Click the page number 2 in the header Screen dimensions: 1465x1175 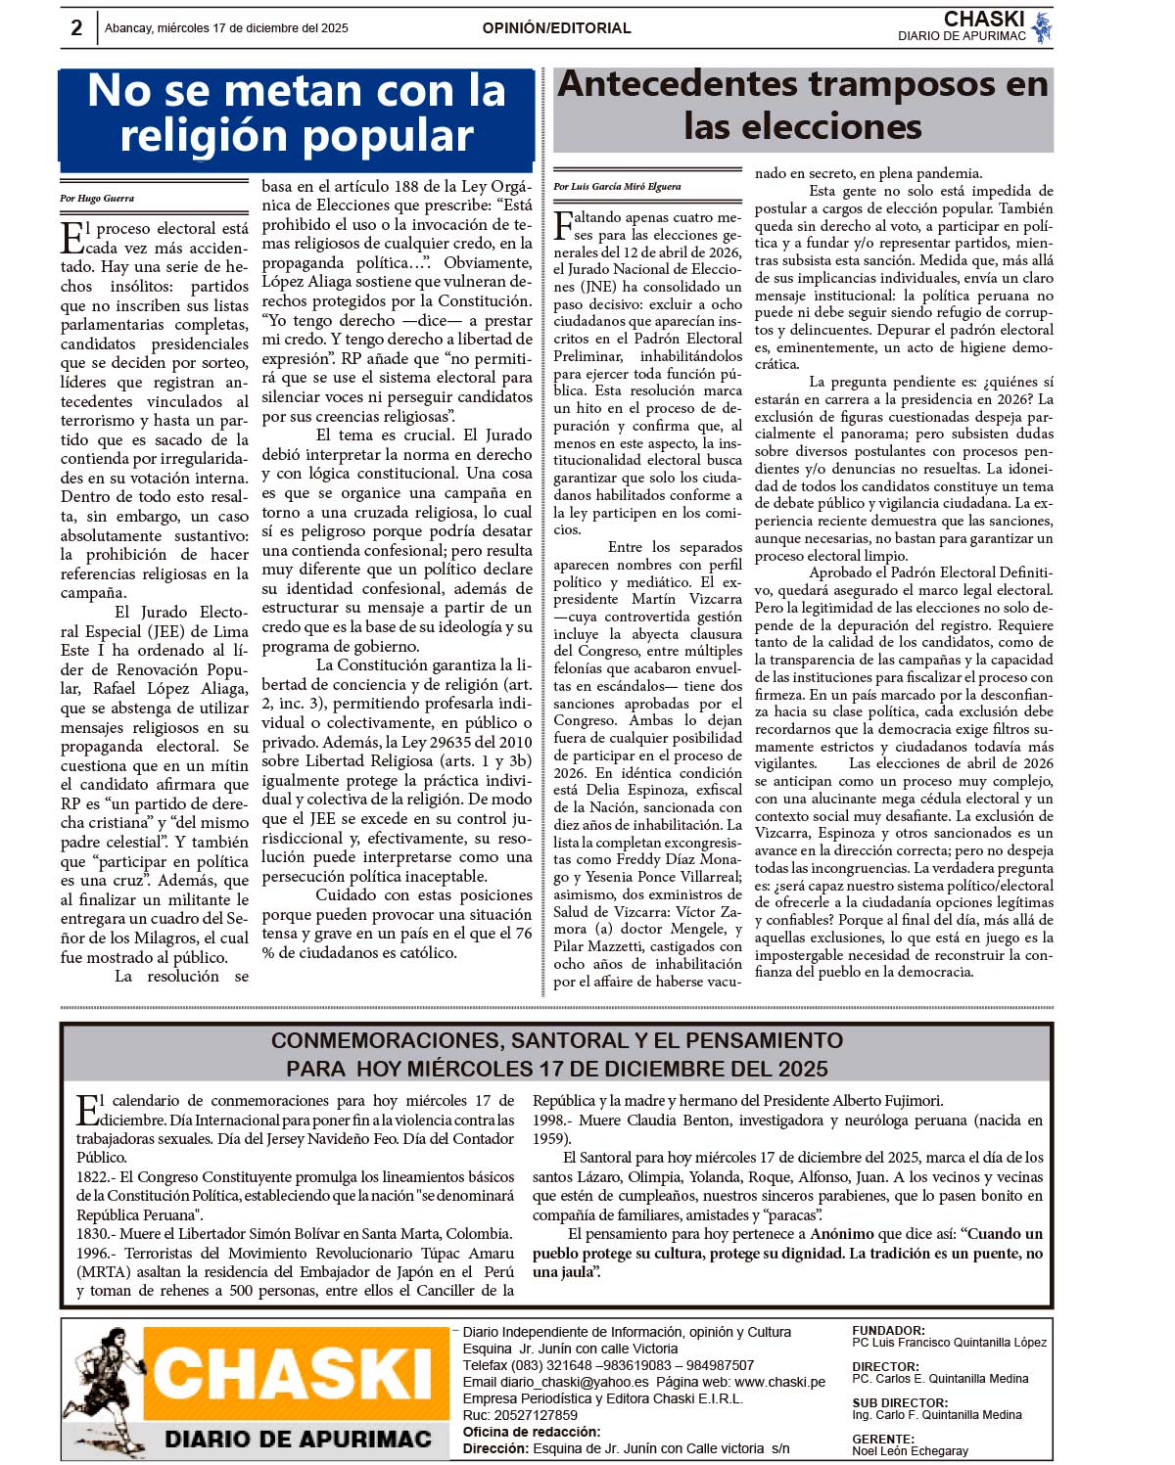[x=77, y=27]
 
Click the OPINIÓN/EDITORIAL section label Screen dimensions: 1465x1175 [x=556, y=28]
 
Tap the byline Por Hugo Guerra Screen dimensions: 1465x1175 [x=97, y=199]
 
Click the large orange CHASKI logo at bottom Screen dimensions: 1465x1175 [x=291, y=1375]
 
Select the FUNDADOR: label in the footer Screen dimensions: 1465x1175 [x=888, y=1331]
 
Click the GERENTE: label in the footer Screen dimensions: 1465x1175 [x=883, y=1440]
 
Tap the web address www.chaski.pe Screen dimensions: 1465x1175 [x=779, y=1382]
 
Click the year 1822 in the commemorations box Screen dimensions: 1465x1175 [x=94, y=1177]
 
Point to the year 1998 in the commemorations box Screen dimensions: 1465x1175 [x=550, y=1120]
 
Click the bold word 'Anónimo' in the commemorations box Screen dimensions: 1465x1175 [x=841, y=1234]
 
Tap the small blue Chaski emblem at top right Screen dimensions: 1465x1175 [x=1042, y=26]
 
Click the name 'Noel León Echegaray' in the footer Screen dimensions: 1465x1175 [x=910, y=1451]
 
